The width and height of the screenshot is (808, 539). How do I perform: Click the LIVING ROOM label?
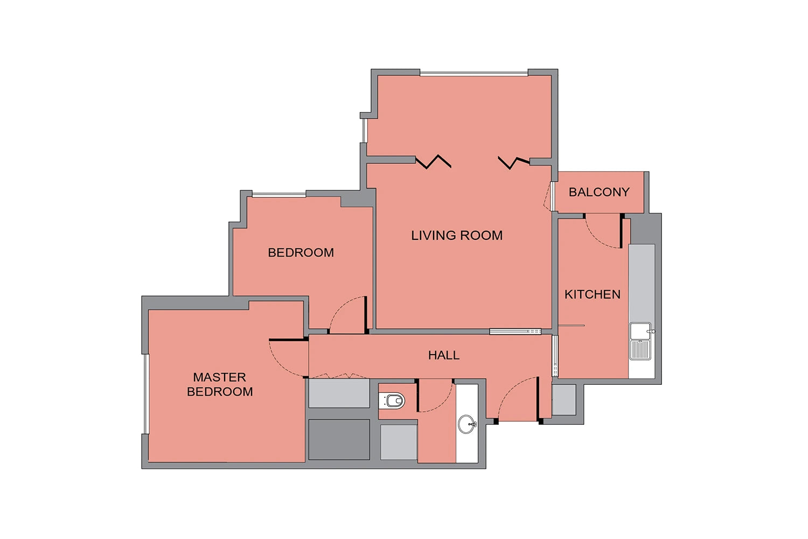457,236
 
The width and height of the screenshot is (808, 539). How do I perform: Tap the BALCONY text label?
599,192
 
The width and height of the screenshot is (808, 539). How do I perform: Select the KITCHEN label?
593,294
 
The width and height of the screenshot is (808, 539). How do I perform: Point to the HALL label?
444,355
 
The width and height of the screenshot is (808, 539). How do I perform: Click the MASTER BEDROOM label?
220,384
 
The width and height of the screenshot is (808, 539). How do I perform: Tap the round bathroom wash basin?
467,424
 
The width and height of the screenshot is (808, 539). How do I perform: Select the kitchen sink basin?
640,331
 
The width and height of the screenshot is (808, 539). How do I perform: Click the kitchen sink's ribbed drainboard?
640,350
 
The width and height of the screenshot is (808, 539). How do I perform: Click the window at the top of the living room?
473,73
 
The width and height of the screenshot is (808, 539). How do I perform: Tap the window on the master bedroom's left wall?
146,394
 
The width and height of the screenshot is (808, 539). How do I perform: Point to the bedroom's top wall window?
279,195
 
